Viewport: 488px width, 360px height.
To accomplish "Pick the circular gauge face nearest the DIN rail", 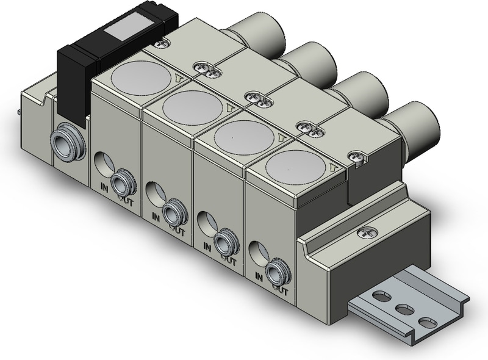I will tap(295, 165).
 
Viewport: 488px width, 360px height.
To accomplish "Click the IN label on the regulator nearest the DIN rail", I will tap(259, 277).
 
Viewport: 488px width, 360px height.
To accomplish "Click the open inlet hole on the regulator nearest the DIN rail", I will tap(257, 251).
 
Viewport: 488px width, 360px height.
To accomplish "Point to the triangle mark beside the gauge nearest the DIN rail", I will tap(333, 167).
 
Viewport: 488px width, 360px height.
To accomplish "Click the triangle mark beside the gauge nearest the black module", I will tap(178, 77).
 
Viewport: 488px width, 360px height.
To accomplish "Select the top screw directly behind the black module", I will tap(162, 43).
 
